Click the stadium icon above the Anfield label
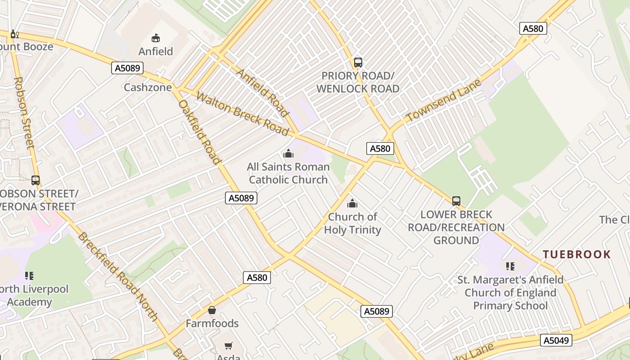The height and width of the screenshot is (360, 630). pos(156,38)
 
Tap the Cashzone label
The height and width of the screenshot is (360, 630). pos(148,87)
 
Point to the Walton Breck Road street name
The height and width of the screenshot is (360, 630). pos(242,114)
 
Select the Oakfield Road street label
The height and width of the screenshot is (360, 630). pos(200,132)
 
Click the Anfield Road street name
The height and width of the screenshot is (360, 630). pos(262,93)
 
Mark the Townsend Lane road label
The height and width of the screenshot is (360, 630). pos(443,100)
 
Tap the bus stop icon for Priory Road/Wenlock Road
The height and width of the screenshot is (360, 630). pos(358,63)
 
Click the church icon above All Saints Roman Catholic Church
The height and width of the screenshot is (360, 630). pos(288,154)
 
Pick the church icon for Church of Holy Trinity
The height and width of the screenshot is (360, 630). pos(352,203)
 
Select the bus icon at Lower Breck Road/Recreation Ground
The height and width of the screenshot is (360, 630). pos(456,201)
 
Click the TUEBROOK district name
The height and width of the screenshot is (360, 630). pos(577,255)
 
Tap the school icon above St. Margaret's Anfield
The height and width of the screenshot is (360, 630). pos(510,266)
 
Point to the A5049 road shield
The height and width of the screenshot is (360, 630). pos(556,340)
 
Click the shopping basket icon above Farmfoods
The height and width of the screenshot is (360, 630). pos(212,310)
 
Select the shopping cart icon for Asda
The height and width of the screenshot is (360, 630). pos(229,346)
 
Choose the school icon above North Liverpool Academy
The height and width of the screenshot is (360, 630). pos(29,275)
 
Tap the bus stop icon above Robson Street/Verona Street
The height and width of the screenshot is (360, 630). pos(36,180)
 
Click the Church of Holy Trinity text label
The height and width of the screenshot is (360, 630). pos(352,223)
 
